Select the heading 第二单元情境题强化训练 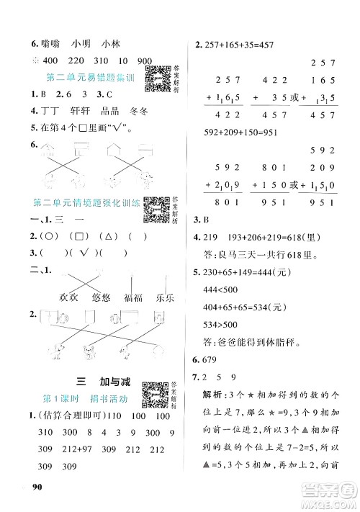pos(83,205)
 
